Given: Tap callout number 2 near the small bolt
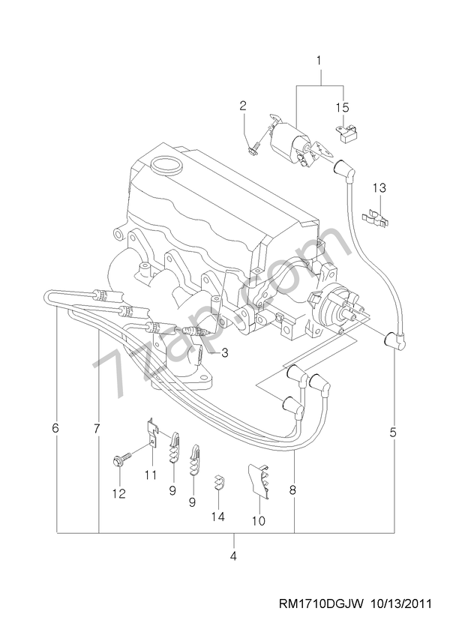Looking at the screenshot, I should (x=243, y=106).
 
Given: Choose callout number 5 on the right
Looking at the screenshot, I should (x=394, y=432).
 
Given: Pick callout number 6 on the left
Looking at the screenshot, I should (x=55, y=429).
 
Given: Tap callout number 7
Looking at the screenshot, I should (x=97, y=429).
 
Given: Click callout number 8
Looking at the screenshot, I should (x=293, y=491).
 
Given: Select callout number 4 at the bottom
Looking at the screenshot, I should (x=233, y=556).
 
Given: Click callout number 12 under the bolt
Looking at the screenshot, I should (x=118, y=493).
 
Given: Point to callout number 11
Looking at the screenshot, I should (x=150, y=475).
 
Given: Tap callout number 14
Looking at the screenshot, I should (x=217, y=516).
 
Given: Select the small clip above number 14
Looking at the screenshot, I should (x=219, y=481).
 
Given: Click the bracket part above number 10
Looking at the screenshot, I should (x=257, y=481).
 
